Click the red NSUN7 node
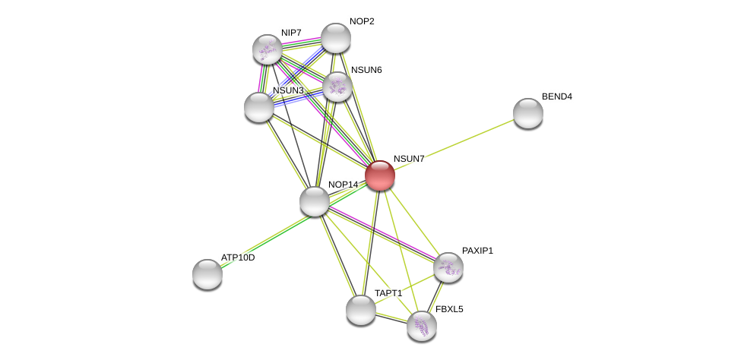tap(380, 175)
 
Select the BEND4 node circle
tap(528, 113)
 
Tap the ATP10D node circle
tap(207, 274)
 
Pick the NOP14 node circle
tap(315, 201)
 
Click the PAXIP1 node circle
tap(448, 267)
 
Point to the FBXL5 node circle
tap(422, 326)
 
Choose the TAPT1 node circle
tap(361, 310)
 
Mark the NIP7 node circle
tap(268, 49)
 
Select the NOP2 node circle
tap(336, 38)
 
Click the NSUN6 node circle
tap(337, 87)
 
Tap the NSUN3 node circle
tap(259, 107)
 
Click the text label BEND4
tap(556, 96)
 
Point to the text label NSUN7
tap(409, 159)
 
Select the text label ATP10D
tap(238, 257)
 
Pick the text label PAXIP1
tap(477, 251)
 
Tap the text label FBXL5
tap(449, 309)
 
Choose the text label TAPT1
tap(388, 293)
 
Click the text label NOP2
tap(362, 21)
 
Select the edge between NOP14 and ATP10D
tap(261, 238)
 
